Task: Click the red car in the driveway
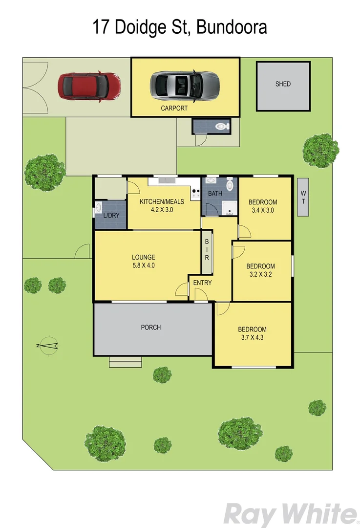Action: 89,87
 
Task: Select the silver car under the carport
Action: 185,85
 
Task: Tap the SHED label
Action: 283,84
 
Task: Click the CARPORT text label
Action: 174,109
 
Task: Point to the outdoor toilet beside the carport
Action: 222,126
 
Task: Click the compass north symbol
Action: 48,346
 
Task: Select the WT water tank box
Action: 303,197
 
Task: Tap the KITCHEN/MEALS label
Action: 162,201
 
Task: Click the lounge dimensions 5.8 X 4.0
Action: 144,266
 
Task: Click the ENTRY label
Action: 203,283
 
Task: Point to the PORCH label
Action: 150,328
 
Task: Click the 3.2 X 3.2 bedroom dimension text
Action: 260,275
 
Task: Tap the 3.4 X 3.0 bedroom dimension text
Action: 263,211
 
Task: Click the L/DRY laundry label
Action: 111,216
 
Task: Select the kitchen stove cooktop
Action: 196,194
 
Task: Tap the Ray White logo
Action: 290,514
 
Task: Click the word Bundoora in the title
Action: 232,27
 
